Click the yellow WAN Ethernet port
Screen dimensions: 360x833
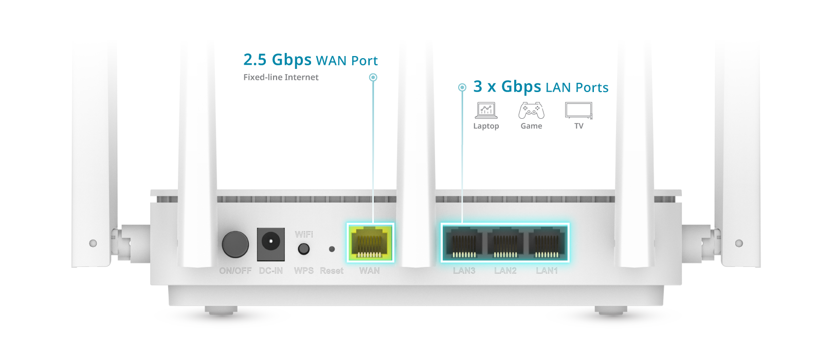click(x=370, y=242)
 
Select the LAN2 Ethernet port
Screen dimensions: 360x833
click(x=505, y=243)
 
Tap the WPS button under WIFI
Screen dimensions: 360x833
click(x=304, y=249)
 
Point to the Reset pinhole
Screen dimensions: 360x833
click(x=332, y=249)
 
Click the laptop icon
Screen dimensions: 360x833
click(x=486, y=111)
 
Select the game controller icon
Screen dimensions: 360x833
click(x=531, y=110)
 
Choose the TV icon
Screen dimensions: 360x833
click(x=578, y=110)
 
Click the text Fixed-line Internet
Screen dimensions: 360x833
click(x=281, y=77)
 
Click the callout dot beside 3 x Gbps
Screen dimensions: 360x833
click(x=462, y=87)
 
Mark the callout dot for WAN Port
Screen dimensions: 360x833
click(x=373, y=77)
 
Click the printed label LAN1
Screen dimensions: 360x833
click(x=547, y=271)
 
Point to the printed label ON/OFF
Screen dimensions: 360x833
click(x=236, y=271)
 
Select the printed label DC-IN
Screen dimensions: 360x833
click(x=270, y=271)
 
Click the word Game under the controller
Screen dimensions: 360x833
click(x=531, y=126)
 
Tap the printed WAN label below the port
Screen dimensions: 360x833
click(x=369, y=271)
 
